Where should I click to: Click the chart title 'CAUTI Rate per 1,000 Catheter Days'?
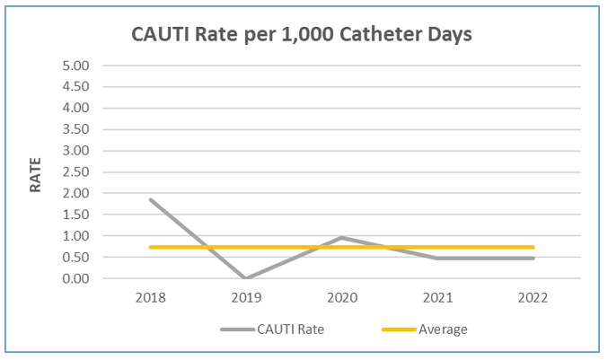pos(301,35)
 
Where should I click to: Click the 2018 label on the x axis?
pos(150,299)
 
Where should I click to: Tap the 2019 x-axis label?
pos(246,299)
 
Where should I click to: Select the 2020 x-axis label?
pos(342,299)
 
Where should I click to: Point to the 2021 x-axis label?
pos(438,299)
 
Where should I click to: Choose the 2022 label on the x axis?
pos(534,299)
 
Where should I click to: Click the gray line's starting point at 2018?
pos(150,199)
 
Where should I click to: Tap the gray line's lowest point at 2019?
pos(246,278)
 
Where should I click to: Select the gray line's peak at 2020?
pos(342,237)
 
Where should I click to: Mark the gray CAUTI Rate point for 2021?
pos(438,259)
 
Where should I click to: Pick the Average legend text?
pos(443,329)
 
